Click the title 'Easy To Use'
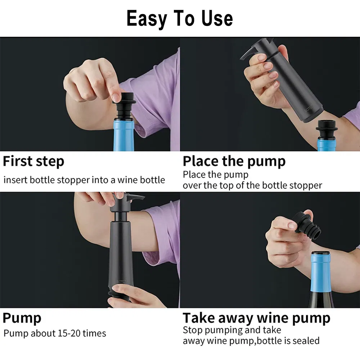(x=180, y=19)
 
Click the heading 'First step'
(x=33, y=161)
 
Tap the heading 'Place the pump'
(x=234, y=161)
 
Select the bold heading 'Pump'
(x=22, y=318)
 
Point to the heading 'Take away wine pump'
(x=256, y=318)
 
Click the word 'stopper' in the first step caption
(x=72, y=180)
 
